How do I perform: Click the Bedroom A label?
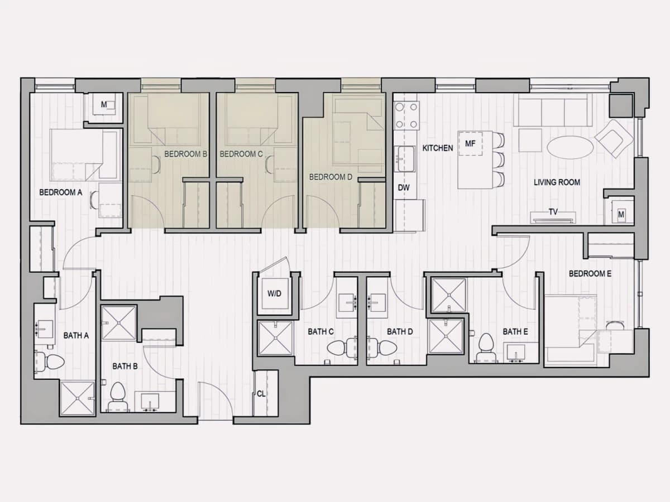(61, 192)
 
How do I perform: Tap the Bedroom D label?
(331, 177)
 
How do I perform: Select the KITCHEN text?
(437, 148)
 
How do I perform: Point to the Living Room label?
(557, 182)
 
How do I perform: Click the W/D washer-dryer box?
(274, 293)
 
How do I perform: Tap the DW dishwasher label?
(404, 188)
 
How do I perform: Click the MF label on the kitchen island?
(470, 143)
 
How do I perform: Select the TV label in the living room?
(553, 211)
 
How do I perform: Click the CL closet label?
(261, 394)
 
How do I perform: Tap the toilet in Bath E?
(486, 347)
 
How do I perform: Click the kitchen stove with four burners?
(406, 115)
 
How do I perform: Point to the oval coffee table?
(570, 148)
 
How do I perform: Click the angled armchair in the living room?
(614, 139)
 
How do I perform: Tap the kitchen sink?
(405, 158)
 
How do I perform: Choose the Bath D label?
(400, 331)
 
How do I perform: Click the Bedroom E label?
(590, 274)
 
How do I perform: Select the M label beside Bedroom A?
(104, 104)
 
